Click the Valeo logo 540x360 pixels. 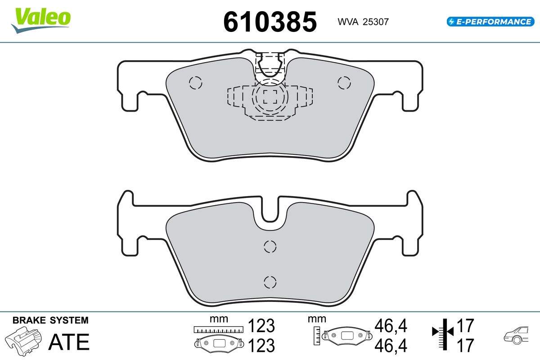tap(41, 21)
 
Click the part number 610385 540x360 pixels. tap(270, 22)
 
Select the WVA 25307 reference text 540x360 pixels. tap(363, 22)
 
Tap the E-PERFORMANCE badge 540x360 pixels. tap(490, 22)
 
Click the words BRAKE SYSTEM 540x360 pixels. tap(50, 320)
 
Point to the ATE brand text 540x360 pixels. tap(69, 342)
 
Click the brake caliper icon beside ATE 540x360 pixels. tap(23, 341)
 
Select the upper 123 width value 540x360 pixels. tap(261, 325)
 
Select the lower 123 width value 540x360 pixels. tap(261, 345)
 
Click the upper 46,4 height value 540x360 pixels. tap(391, 325)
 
